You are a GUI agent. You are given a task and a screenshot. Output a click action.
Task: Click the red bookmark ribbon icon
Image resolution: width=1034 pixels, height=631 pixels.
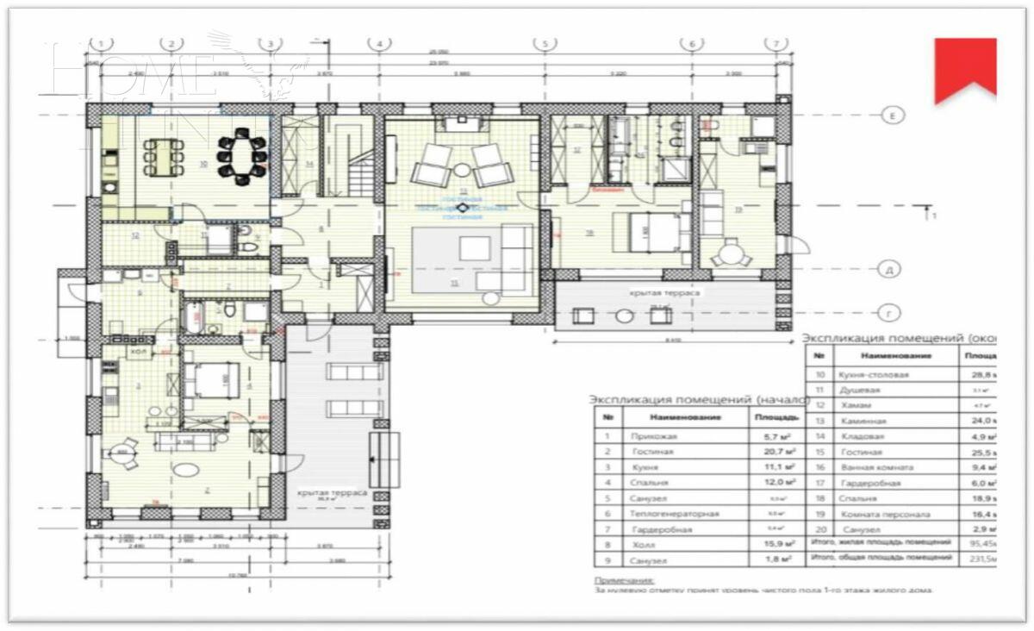pos(965,67)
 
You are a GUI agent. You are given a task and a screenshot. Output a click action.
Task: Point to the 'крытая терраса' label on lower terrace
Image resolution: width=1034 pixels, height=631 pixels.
pos(332,492)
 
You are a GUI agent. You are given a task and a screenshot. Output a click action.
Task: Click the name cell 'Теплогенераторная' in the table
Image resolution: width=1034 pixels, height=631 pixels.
pos(674,514)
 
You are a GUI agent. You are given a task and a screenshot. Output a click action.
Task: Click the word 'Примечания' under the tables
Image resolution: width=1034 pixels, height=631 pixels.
pos(624,581)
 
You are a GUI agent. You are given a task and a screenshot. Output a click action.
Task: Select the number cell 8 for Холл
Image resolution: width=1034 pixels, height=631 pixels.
pos(608,545)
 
